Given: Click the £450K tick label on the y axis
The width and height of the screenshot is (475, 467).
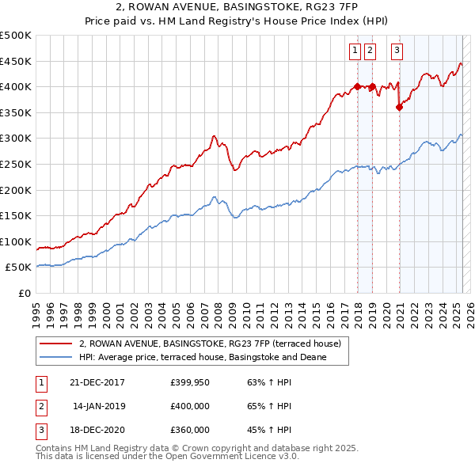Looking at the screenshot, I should pos(16,61).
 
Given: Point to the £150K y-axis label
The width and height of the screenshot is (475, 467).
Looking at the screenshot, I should pos(16,215).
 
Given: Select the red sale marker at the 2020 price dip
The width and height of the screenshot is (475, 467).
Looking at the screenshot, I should pos(400,108).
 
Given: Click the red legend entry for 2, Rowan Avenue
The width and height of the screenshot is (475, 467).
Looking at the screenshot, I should pos(210,344).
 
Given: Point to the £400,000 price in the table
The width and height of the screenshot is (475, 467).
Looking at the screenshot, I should pos(189,406).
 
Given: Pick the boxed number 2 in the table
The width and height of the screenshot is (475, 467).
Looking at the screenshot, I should pos(40,406).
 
